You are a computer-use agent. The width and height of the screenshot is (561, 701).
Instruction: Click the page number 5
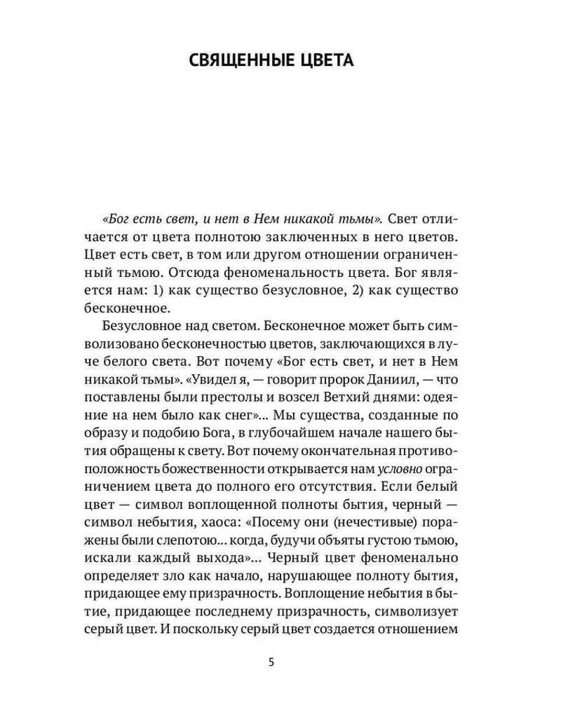pyautogui.click(x=271, y=662)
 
